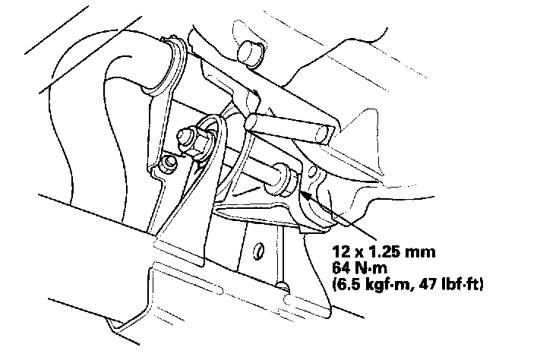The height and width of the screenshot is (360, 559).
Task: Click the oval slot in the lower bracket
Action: click(258, 250)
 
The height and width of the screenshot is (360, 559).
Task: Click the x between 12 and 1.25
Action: click(356, 251)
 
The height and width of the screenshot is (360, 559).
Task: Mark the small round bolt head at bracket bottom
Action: click(282, 286)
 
